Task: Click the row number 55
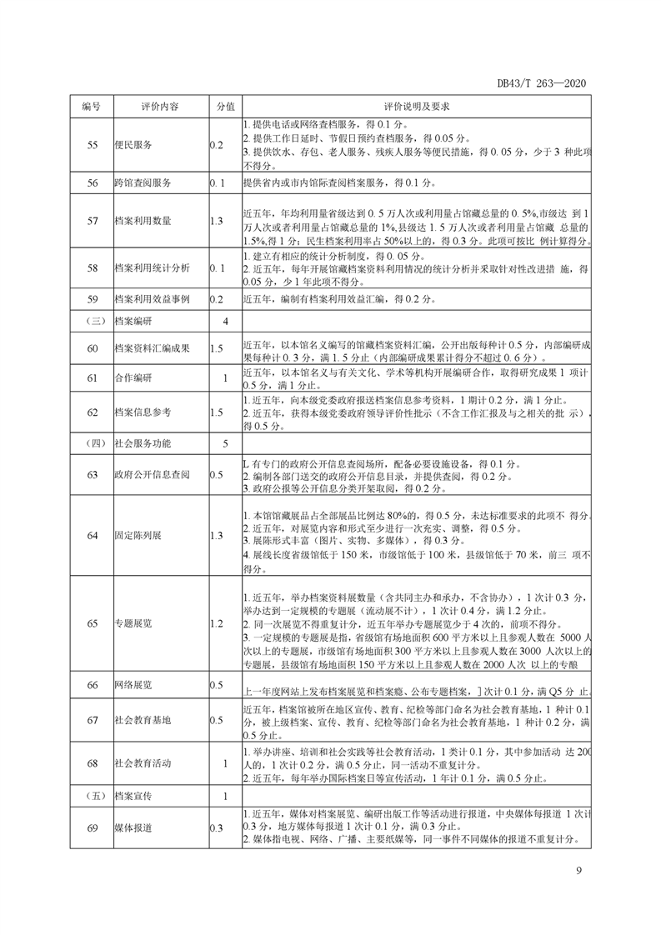coord(92,145)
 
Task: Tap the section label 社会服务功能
coord(145,443)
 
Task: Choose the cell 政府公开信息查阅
coord(152,474)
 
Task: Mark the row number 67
coord(92,720)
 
